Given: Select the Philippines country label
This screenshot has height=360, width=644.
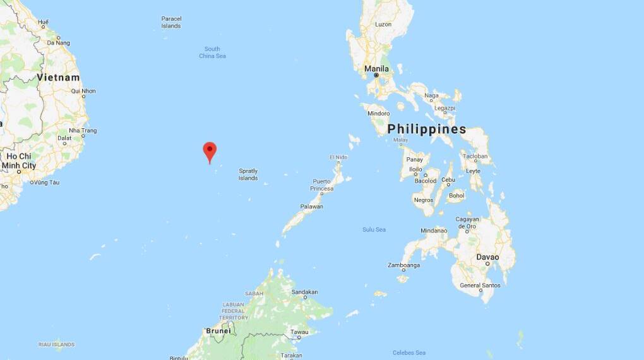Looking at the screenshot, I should pyautogui.click(x=427, y=129).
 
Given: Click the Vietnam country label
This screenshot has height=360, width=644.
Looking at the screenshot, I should pyautogui.click(x=58, y=77).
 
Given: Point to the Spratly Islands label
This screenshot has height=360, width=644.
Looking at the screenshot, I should pyautogui.click(x=248, y=174).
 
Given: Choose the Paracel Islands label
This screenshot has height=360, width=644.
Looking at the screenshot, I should pyautogui.click(x=171, y=22).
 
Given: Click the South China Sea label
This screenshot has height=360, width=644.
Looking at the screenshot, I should pyautogui.click(x=212, y=52).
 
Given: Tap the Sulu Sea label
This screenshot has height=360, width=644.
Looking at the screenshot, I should pyautogui.click(x=374, y=229).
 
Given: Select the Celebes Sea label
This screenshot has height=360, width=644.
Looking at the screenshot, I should pyautogui.click(x=408, y=352).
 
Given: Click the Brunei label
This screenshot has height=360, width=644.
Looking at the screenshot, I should pyautogui.click(x=218, y=330).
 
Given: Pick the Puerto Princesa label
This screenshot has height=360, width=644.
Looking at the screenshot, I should pyautogui.click(x=321, y=185).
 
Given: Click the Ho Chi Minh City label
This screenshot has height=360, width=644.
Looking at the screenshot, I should pyautogui.click(x=19, y=160).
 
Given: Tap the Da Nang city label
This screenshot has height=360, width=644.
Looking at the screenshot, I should pyautogui.click(x=58, y=42).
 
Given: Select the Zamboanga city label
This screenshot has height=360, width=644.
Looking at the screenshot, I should pyautogui.click(x=404, y=265).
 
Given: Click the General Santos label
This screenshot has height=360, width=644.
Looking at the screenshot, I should pyautogui.click(x=480, y=285).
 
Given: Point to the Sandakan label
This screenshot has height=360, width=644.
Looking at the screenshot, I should pyautogui.click(x=304, y=292).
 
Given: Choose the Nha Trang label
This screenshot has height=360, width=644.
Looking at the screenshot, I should pyautogui.click(x=83, y=131).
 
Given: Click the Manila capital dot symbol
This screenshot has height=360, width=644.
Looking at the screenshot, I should pyautogui.click(x=376, y=75).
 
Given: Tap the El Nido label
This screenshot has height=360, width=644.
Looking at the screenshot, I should pyautogui.click(x=338, y=157).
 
